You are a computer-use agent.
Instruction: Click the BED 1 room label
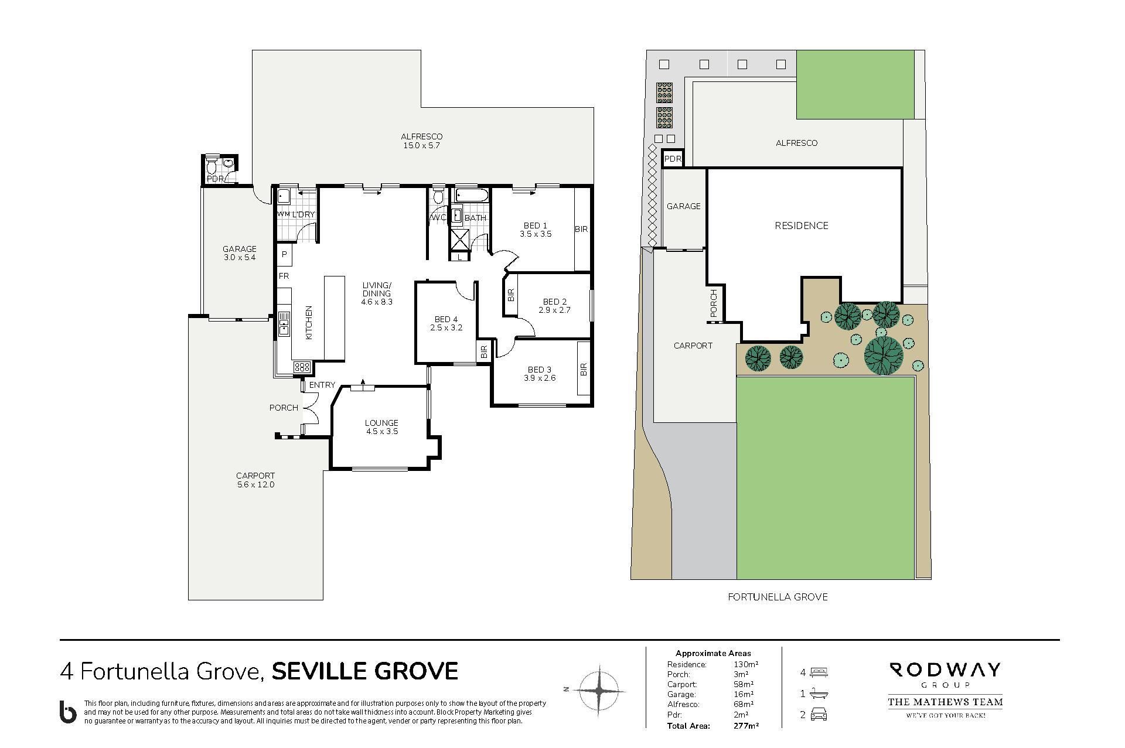pyautogui.click(x=536, y=226)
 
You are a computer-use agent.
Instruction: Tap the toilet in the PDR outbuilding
pyautogui.click(x=212, y=165)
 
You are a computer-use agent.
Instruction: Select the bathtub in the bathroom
pyautogui.click(x=471, y=196)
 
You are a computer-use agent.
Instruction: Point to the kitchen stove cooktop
pyautogui.click(x=302, y=367)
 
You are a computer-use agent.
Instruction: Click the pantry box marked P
pyautogui.click(x=284, y=254)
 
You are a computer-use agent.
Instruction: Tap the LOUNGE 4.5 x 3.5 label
pyautogui.click(x=381, y=427)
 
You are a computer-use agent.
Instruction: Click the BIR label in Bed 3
pyautogui.click(x=584, y=370)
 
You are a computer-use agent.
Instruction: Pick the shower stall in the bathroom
pyautogui.click(x=460, y=239)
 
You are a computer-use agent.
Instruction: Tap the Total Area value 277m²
pyautogui.click(x=746, y=726)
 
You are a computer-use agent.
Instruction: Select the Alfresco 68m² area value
pyautogui.click(x=744, y=705)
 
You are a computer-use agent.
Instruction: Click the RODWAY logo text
pyautogui.click(x=945, y=670)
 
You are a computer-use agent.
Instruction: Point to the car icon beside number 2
pyautogui.click(x=819, y=715)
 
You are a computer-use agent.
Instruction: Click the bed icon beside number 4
pyautogui.click(x=819, y=672)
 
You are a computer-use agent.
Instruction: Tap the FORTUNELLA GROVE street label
pyautogui.click(x=778, y=597)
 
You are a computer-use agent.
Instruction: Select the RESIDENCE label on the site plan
pyautogui.click(x=802, y=226)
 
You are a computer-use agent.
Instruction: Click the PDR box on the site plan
pyautogui.click(x=673, y=159)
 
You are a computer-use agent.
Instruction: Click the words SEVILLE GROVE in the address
pyautogui.click(x=364, y=671)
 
